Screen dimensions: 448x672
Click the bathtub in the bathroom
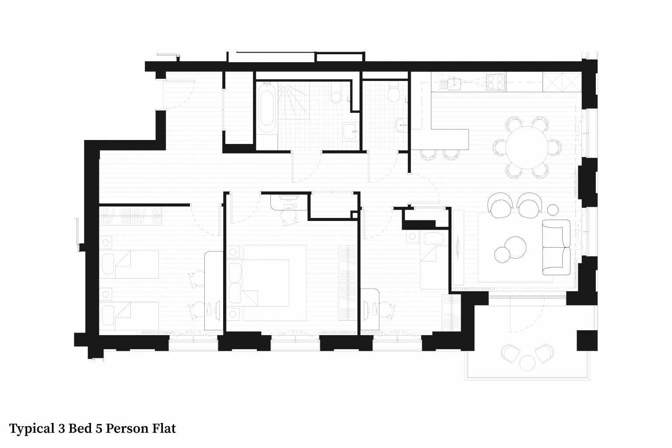point(266,108)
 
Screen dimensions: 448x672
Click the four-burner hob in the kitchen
point(496,82)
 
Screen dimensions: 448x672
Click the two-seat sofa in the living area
point(556,247)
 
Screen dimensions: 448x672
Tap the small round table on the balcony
point(527,363)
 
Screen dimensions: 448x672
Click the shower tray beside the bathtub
point(294,101)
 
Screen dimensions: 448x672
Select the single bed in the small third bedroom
point(434,261)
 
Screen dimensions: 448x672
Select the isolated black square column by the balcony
point(587,340)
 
